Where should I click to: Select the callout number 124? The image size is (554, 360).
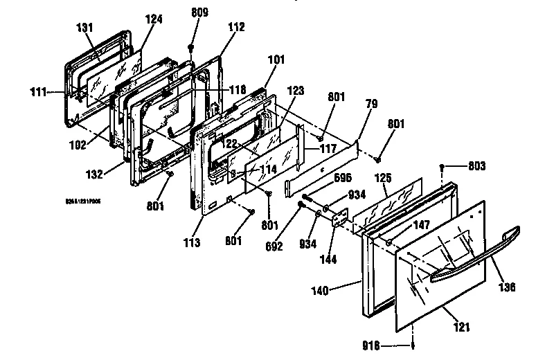pos(154,19)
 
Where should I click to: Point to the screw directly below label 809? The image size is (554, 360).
pos(190,46)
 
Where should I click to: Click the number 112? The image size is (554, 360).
pos(236,28)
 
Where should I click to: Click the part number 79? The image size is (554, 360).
pos(372,103)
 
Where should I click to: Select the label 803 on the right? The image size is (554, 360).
pos(476,166)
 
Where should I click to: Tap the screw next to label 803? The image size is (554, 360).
pos(443,167)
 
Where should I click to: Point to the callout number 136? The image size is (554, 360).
pos(508,287)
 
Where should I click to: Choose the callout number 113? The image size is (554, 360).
pos(192,242)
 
